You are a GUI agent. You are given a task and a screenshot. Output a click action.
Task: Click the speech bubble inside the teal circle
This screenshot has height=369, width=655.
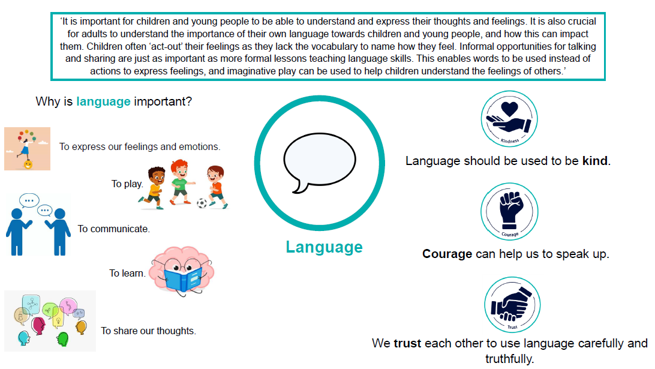click(x=320, y=161)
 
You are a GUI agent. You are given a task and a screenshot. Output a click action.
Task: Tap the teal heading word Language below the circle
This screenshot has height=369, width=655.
click(x=324, y=247)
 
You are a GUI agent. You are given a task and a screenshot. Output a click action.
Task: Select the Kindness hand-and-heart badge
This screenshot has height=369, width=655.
click(x=509, y=119)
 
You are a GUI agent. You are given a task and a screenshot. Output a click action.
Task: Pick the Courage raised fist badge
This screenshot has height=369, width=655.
click(x=509, y=211)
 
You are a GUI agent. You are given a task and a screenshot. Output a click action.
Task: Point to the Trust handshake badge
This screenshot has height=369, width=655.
click(x=512, y=305)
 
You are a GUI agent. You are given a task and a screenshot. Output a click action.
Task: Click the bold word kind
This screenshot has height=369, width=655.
click(x=595, y=161)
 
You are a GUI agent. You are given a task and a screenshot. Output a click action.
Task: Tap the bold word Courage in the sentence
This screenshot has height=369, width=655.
click(x=447, y=254)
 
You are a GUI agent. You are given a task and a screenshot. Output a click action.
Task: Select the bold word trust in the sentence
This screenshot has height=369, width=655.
click(x=407, y=343)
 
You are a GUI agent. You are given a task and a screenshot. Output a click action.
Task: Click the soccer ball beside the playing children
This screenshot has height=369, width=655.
click(x=202, y=203)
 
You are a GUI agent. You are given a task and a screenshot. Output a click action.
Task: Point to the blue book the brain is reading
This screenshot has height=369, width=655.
click(x=183, y=280)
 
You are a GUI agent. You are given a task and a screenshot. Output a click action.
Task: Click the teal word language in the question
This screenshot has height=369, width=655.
click(x=103, y=101)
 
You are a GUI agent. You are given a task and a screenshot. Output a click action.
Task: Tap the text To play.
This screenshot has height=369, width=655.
click(x=127, y=184)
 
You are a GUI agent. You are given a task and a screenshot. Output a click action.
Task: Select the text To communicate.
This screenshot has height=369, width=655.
click(x=113, y=229)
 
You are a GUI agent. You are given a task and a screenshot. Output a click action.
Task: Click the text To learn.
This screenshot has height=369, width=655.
click(x=127, y=274)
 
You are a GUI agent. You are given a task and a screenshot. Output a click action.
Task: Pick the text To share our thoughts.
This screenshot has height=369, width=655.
click(x=148, y=331)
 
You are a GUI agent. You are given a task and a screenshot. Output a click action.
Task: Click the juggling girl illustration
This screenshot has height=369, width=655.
click(x=27, y=149)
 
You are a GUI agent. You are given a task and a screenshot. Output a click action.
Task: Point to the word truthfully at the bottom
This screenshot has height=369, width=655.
click(x=510, y=359)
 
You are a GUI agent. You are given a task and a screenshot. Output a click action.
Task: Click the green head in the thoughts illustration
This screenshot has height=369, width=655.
click(x=62, y=339)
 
